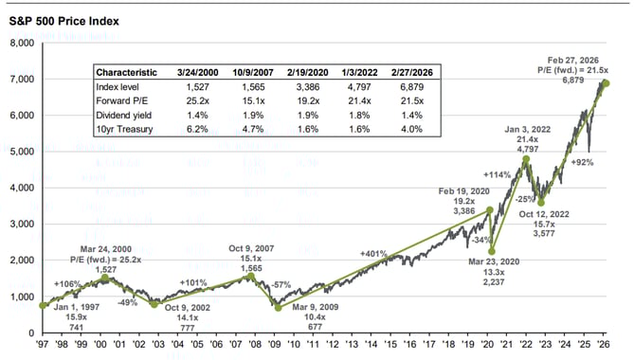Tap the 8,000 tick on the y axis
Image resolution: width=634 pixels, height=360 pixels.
tap(21, 43)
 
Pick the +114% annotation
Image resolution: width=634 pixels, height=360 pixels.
tap(496, 175)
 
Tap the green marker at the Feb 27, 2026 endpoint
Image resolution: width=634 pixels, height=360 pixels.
tap(607, 83)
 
